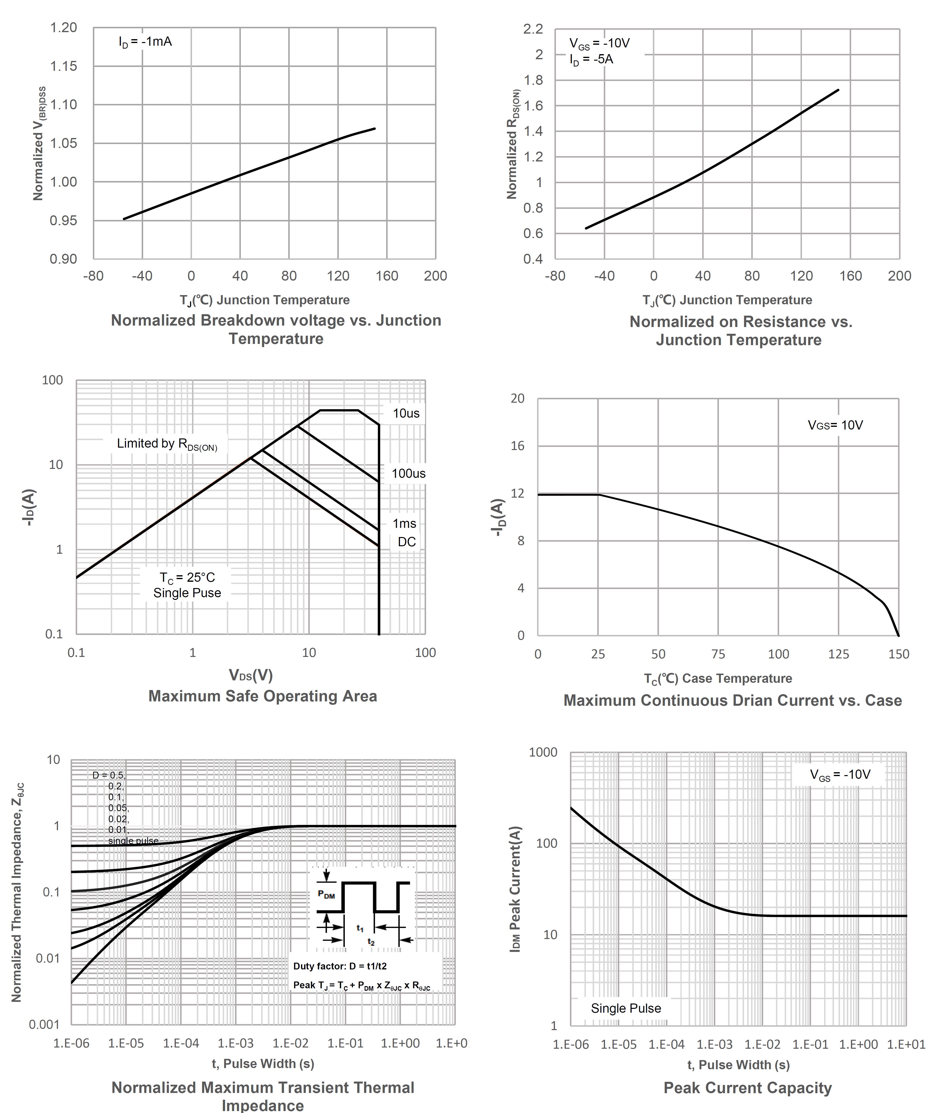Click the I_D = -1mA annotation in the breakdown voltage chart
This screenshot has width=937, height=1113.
(x=145, y=42)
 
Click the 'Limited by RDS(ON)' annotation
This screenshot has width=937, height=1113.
(x=167, y=444)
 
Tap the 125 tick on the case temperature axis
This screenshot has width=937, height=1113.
(x=838, y=654)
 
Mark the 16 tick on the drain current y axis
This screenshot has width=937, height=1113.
(x=517, y=446)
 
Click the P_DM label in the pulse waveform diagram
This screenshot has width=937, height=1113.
(x=326, y=895)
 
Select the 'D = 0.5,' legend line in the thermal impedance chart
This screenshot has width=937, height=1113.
(x=109, y=775)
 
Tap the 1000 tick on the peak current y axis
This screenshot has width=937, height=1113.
(x=543, y=752)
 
